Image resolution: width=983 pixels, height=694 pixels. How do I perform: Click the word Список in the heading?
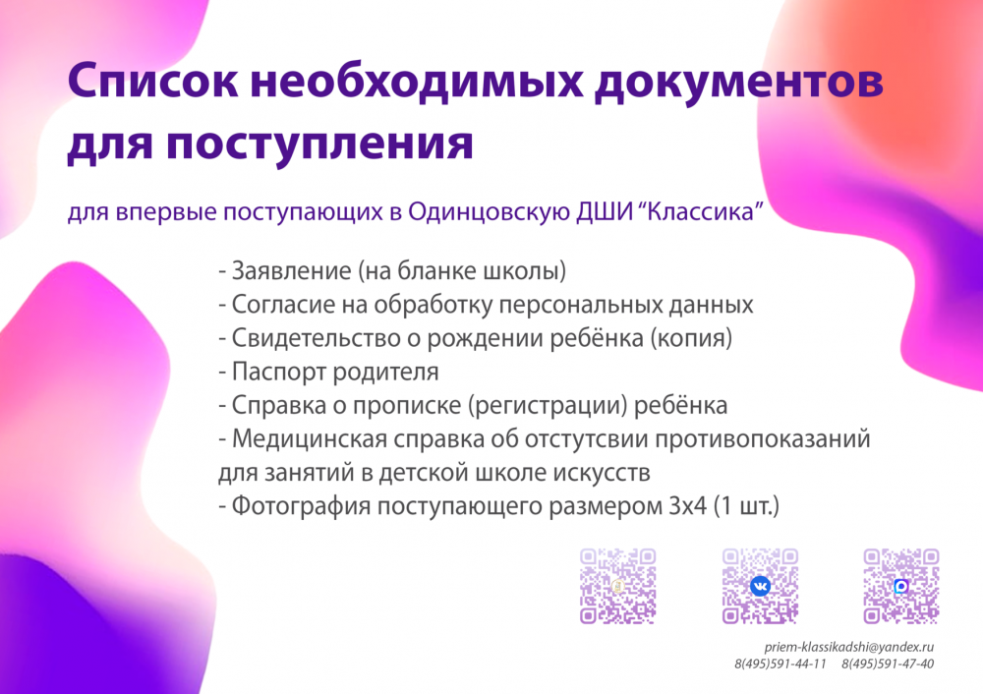point(153,82)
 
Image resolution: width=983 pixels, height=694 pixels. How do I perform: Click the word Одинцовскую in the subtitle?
point(489,212)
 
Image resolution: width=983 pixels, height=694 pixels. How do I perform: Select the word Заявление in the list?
point(292,271)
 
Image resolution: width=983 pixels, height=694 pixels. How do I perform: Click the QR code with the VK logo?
point(760,586)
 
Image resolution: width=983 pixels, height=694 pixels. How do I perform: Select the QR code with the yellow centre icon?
point(617,586)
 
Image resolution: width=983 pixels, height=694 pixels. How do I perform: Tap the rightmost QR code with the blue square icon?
point(900,586)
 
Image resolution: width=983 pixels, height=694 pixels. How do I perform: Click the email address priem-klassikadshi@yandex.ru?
point(849,648)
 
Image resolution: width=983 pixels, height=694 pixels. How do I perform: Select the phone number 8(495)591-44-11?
point(780,664)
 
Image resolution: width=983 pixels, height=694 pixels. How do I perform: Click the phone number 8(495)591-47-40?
point(888,664)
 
